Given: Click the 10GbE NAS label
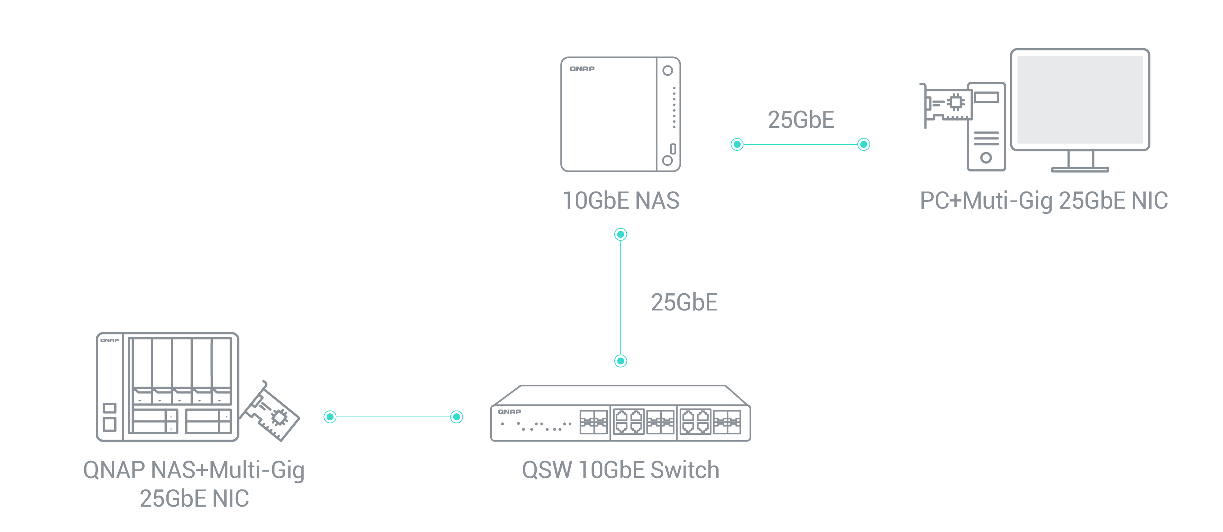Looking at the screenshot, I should click(x=621, y=200).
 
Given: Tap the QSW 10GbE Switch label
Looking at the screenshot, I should click(x=621, y=470).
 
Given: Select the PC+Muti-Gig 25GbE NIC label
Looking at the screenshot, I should click(x=1043, y=200).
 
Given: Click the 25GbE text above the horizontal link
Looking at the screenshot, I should click(x=801, y=120).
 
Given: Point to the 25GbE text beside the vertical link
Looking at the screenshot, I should click(x=684, y=303).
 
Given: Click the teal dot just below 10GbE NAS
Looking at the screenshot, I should click(x=621, y=234).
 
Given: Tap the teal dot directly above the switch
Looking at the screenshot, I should click(x=621, y=361).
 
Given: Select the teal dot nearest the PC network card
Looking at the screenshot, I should click(x=864, y=144).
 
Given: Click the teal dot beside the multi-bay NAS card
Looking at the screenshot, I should click(x=330, y=417).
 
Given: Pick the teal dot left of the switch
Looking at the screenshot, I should click(x=456, y=417).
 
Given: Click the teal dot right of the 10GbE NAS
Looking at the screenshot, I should click(x=737, y=144).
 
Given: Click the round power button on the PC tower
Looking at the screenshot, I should click(x=986, y=158).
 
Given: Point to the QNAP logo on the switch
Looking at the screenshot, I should click(x=510, y=411).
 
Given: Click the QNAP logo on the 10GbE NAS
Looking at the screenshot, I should click(x=582, y=69).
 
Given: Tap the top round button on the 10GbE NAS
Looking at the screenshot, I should click(x=667, y=71).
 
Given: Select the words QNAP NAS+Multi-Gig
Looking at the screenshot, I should click(x=194, y=470).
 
